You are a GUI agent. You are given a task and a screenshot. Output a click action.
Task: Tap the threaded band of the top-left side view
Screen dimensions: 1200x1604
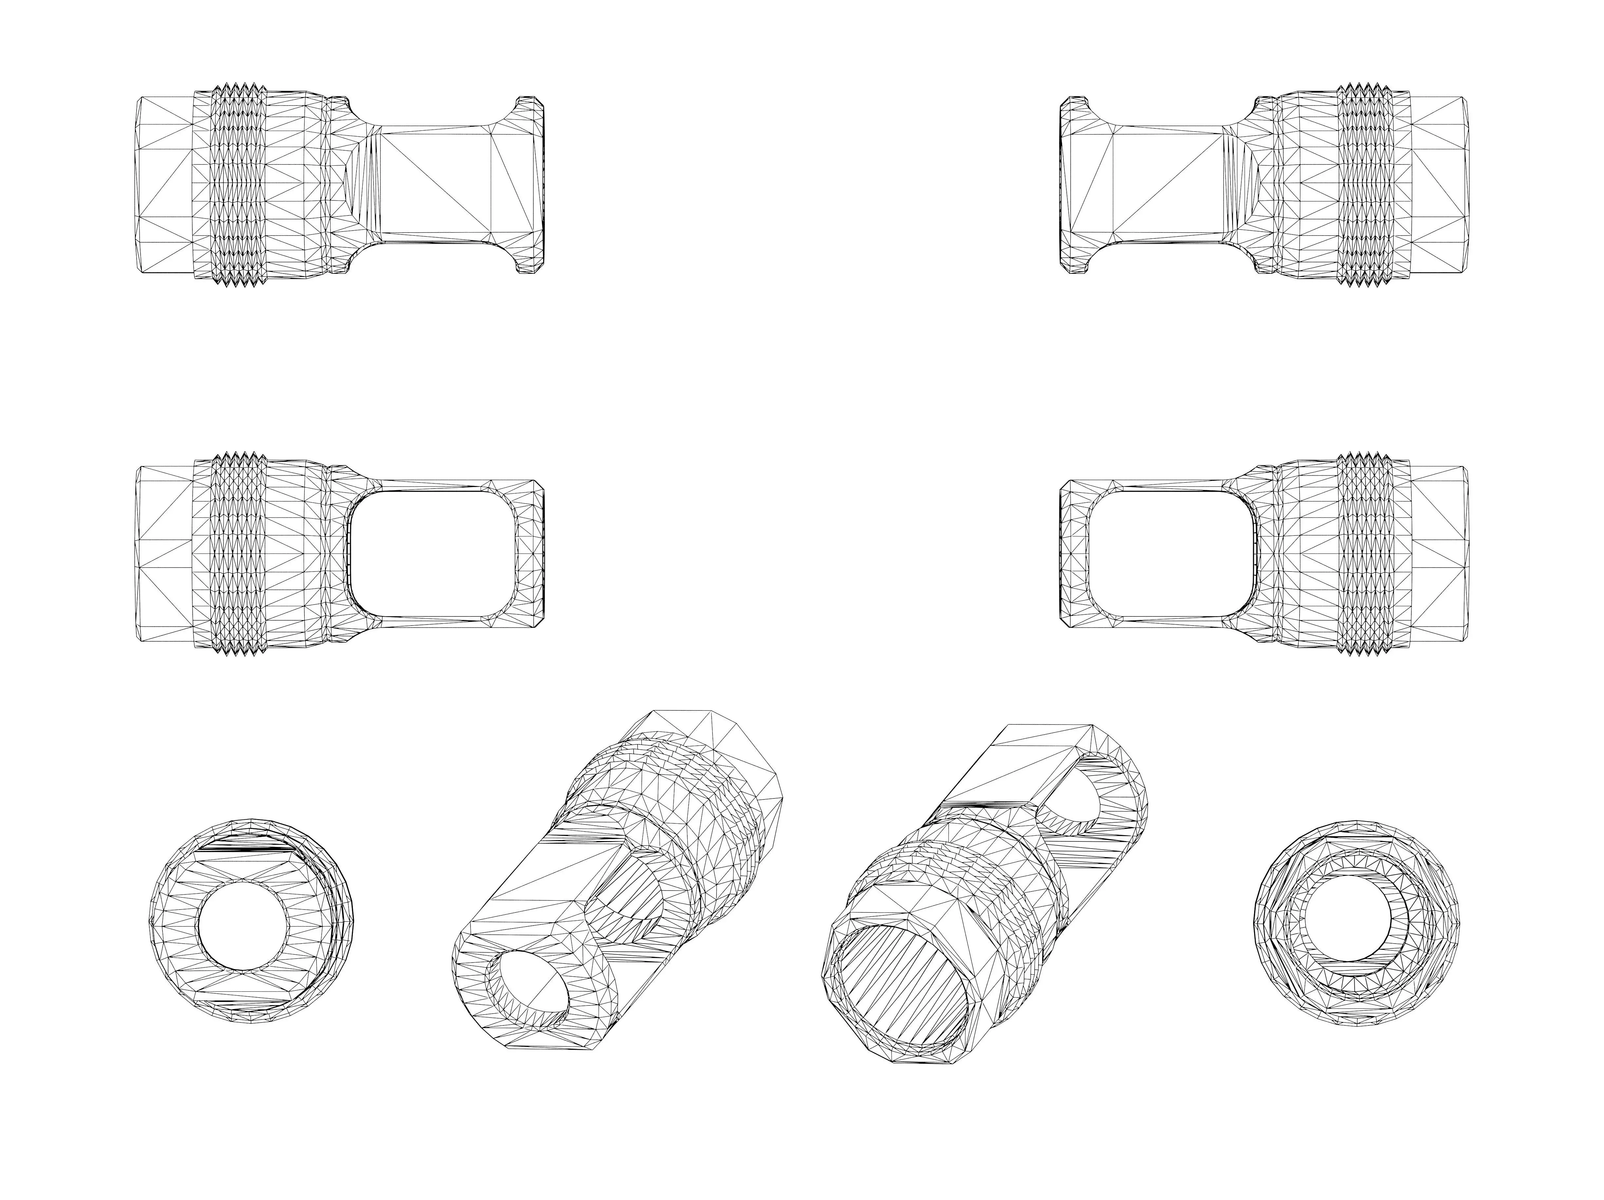pyautogui.click(x=239, y=184)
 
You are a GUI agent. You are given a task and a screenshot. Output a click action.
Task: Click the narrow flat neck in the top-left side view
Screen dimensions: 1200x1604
pyautogui.click(x=435, y=184)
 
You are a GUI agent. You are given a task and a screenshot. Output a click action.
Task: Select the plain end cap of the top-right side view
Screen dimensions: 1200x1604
pyautogui.click(x=1440, y=184)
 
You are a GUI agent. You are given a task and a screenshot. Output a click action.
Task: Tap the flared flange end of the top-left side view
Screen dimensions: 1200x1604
pyautogui.click(x=531, y=184)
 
